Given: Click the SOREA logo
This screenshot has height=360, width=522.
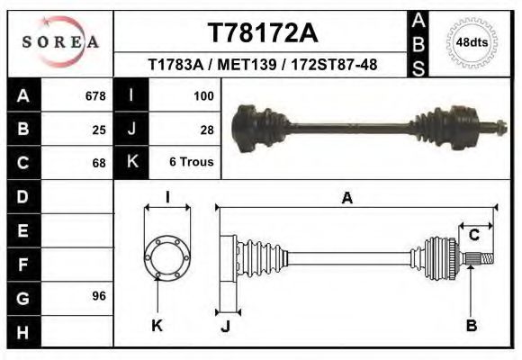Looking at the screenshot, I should (61, 41).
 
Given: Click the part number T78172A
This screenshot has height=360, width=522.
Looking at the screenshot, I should (263, 32).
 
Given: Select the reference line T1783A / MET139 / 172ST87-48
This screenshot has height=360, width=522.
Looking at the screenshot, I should (263, 65).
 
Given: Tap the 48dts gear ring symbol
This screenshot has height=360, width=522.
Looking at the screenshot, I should (471, 42).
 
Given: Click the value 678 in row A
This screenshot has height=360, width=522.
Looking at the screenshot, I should (94, 95).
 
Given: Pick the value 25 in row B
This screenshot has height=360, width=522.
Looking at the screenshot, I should (98, 129).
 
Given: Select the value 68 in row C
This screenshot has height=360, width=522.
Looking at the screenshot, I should (98, 163).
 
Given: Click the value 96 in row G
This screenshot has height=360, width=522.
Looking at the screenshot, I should (98, 296).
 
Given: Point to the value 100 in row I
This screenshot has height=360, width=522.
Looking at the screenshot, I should (202, 95).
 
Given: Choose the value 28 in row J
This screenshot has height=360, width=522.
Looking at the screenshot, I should (206, 129).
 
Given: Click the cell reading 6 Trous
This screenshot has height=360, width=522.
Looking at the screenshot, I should (192, 163).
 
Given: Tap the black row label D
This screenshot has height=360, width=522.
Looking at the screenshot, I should (22, 196).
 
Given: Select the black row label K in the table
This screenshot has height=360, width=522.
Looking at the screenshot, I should (131, 163).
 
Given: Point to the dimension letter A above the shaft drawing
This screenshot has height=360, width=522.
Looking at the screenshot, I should (346, 199).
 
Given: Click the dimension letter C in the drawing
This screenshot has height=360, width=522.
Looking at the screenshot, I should (473, 236).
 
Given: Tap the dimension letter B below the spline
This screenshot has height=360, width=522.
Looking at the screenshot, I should (471, 325).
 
